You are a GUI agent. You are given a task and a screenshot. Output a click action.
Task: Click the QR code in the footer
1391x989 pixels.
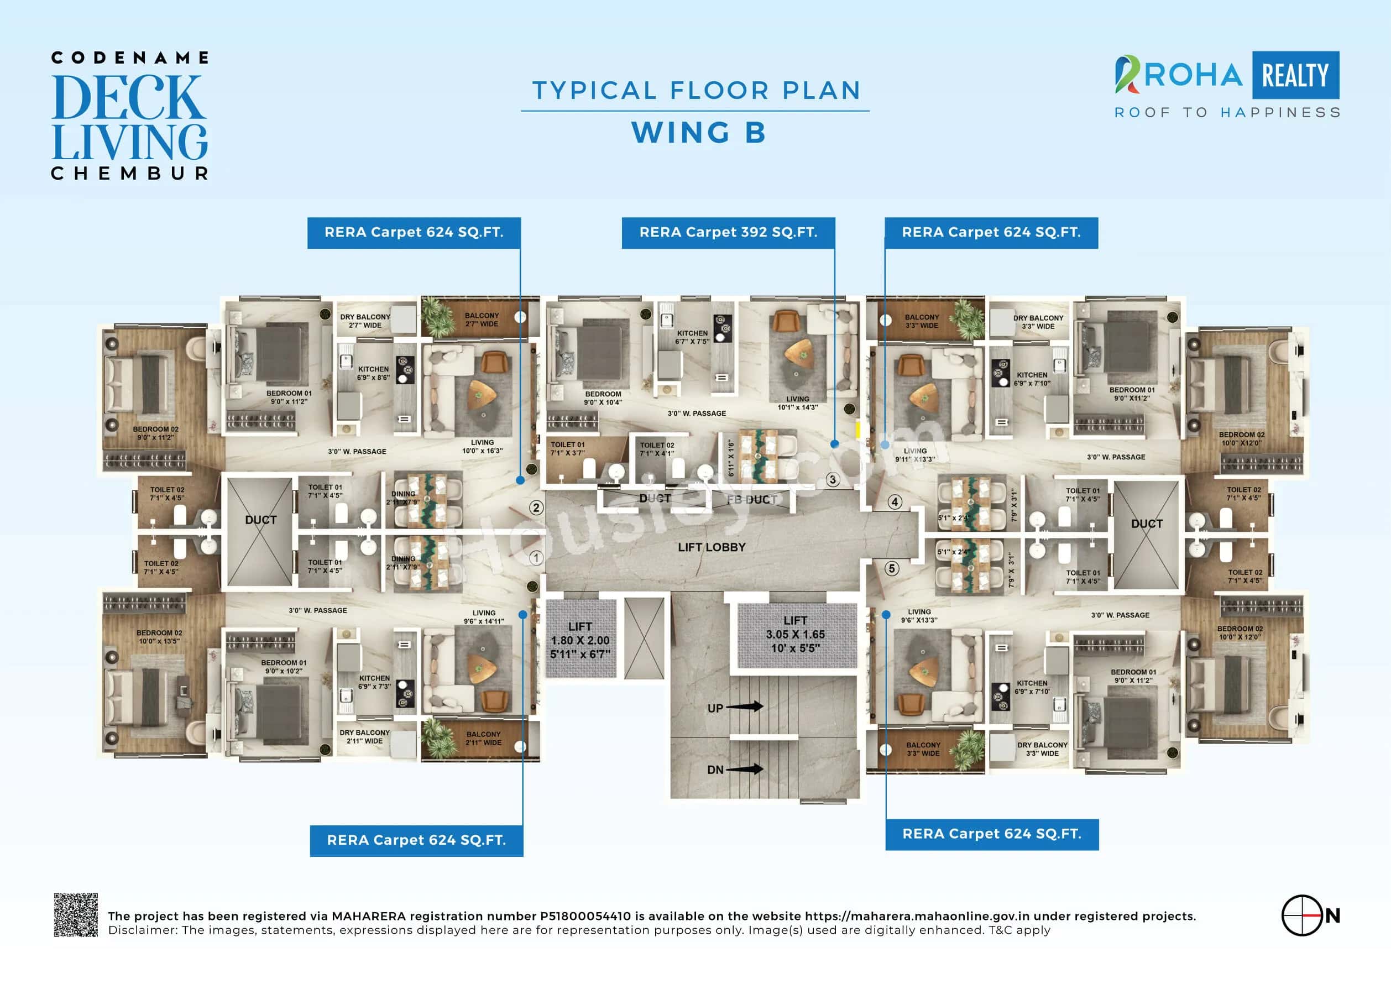[76, 915]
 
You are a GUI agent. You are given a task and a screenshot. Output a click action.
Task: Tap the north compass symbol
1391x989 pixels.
[1302, 915]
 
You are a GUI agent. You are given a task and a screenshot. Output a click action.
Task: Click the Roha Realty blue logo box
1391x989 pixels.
[1295, 76]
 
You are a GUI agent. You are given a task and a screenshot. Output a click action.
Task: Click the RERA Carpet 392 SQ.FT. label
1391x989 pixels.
[728, 233]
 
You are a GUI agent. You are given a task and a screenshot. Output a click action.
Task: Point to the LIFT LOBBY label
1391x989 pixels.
[712, 547]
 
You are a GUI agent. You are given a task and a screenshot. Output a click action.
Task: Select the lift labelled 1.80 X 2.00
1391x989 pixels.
[580, 640]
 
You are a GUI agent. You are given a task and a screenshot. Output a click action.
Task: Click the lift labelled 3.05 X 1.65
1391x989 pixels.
[795, 634]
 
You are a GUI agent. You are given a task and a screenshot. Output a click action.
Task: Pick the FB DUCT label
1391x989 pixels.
[751, 500]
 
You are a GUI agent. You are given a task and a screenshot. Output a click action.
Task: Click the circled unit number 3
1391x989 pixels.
[833, 480]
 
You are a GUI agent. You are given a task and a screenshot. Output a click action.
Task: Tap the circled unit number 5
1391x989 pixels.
[892, 569]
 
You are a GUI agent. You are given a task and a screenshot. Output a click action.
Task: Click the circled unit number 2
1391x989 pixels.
[536, 508]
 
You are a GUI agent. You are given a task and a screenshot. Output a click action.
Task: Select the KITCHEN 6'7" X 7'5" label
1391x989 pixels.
[692, 337]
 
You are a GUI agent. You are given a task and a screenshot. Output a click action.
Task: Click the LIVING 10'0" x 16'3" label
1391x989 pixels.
[482, 446]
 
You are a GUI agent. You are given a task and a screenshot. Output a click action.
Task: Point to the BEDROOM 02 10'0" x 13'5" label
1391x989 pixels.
[159, 637]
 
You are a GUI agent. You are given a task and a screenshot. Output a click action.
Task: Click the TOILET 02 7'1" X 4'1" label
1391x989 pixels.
[656, 449]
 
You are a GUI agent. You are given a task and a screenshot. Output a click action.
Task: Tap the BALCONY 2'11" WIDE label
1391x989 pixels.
[484, 738]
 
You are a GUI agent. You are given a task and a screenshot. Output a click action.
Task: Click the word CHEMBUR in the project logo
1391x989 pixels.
[130, 174]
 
